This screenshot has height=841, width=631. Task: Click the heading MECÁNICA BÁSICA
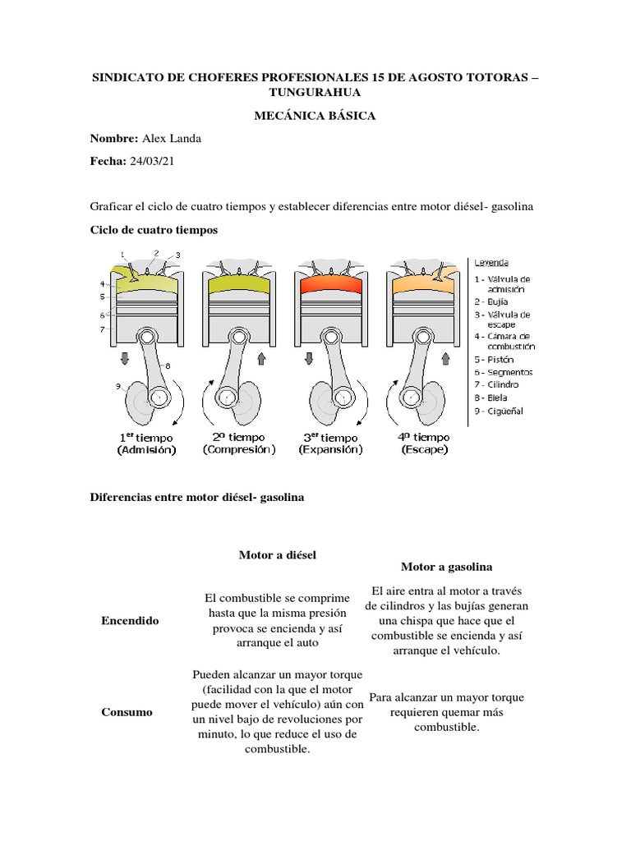pos(315,116)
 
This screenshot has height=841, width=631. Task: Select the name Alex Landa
pos(172,139)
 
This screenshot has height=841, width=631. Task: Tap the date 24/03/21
pos(152,162)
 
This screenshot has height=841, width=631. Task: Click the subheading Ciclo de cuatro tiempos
pos(153,230)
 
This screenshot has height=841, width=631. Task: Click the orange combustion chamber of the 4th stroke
pos(425,287)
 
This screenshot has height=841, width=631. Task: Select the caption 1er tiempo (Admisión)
pos(146,443)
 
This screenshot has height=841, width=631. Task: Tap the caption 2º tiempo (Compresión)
pos(239,443)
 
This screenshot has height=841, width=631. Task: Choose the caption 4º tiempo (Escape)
pos(425,443)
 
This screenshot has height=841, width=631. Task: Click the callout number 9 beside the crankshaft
pos(119,386)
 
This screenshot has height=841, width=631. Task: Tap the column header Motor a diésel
pos(277,555)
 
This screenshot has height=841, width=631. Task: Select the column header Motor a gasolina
pos(446,567)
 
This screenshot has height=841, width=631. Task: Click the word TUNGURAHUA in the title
pos(315,92)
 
